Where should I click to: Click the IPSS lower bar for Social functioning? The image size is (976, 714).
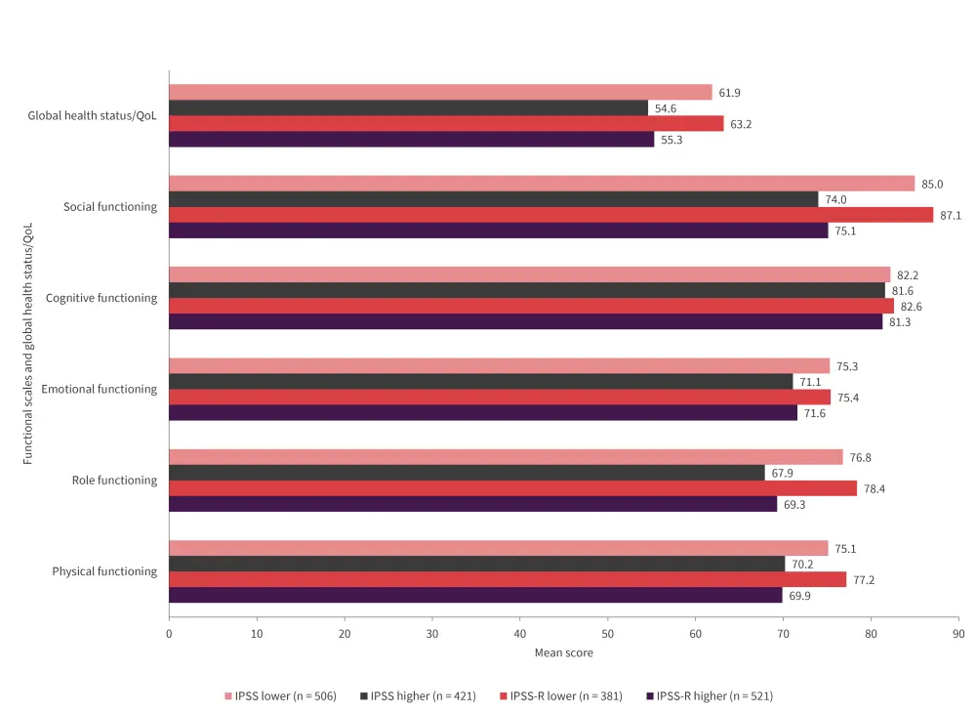tap(542, 184)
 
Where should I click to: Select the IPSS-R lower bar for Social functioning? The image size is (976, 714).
tap(550, 215)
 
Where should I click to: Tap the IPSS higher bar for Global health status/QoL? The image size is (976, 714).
tap(408, 108)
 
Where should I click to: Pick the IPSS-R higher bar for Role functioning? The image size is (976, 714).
tap(472, 504)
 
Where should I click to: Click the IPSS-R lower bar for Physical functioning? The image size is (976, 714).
tap(508, 579)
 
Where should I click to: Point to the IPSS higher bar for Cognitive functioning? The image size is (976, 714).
tap(527, 290)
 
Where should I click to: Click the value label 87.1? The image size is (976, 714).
tap(951, 215)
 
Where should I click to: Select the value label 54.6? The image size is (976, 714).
tap(667, 108)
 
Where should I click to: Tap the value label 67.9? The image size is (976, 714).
tap(784, 473)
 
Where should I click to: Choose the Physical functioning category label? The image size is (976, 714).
tap(104, 571)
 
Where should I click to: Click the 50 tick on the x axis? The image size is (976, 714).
tap(607, 634)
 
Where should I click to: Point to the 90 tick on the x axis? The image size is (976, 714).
tap(958, 634)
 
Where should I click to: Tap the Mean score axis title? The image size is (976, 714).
tap(563, 652)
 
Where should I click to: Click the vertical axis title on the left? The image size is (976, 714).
tap(28, 343)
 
